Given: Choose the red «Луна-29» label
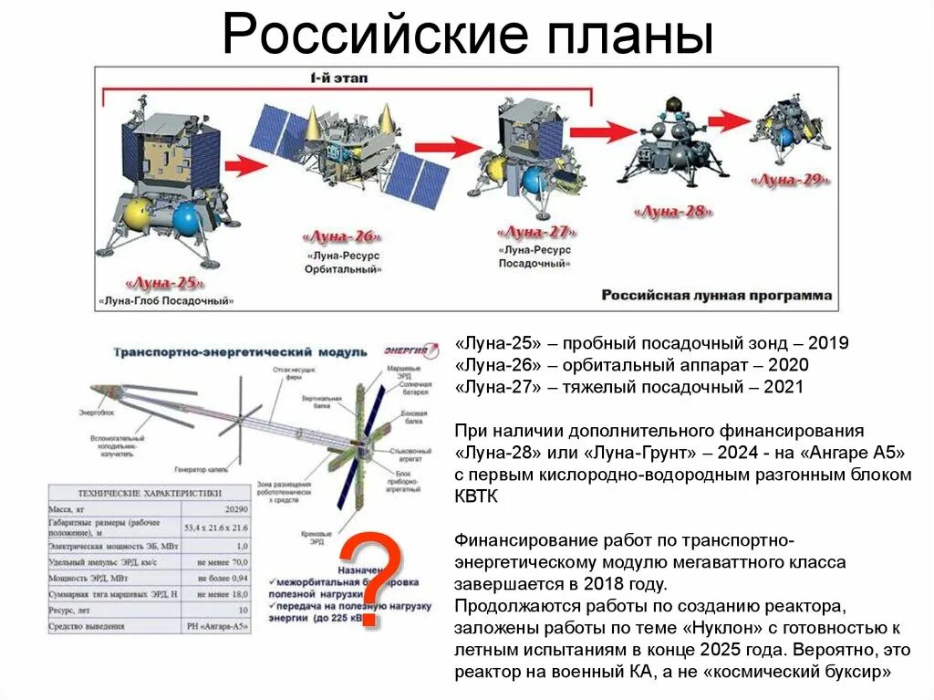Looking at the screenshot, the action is click(x=790, y=180).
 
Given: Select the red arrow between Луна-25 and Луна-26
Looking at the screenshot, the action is click(x=244, y=165).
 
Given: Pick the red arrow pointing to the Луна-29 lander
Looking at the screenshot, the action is click(x=730, y=120).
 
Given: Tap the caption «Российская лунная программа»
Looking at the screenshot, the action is click(x=716, y=296).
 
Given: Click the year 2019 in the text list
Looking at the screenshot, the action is click(x=828, y=343).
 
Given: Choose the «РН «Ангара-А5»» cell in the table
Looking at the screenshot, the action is click(x=218, y=625).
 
